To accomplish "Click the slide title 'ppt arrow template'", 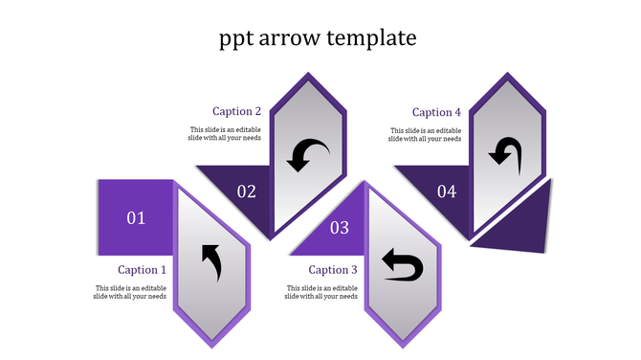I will tap(318, 38).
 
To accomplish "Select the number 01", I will tap(136, 218).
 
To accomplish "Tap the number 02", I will tap(247, 191).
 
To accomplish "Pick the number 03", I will tap(340, 228).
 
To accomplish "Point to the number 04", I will tap(447, 191).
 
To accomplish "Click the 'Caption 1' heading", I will tap(143, 270).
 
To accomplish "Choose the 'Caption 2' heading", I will tap(237, 111).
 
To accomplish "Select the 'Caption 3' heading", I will tap(333, 270).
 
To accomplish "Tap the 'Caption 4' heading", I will tap(436, 112).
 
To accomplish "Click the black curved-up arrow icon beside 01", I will tap(211, 262).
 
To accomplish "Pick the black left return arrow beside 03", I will tap(402, 265).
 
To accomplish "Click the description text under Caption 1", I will tap(131, 292).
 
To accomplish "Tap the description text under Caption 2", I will tap(225, 134).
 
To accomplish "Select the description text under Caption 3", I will tap(321, 292).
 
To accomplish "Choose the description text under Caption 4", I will tap(425, 134).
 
